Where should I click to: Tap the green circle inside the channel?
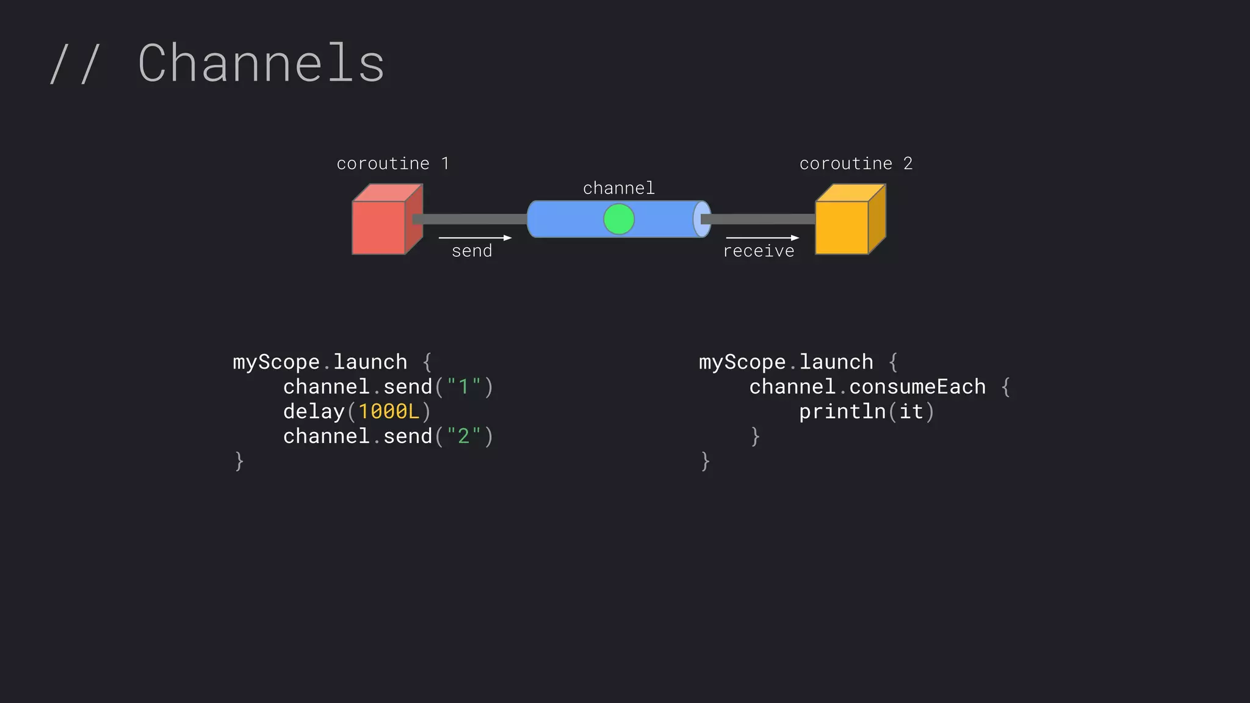(619, 219)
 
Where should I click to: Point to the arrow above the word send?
(475, 237)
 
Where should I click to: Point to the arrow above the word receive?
(762, 237)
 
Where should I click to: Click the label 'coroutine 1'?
(392, 164)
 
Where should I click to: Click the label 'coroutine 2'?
(856, 164)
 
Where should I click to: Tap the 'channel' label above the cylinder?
(619, 188)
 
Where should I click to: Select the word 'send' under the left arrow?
(472, 251)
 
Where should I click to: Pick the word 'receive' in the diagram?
(759, 251)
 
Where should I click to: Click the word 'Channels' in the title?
(261, 63)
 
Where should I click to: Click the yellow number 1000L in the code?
(389, 411)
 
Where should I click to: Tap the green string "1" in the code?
(464, 386)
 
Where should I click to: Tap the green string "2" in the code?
(464, 436)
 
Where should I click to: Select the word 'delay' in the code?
(314, 411)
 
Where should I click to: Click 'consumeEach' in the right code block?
(917, 386)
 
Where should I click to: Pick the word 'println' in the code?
(842, 411)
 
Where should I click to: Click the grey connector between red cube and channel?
(470, 219)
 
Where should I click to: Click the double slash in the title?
(74, 63)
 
